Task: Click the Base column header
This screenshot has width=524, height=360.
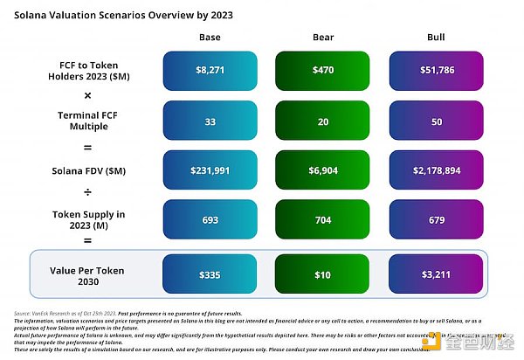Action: [210, 37]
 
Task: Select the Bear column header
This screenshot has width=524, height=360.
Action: [323, 37]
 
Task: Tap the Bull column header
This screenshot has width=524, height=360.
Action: [435, 37]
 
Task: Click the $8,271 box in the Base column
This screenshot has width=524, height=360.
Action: [210, 69]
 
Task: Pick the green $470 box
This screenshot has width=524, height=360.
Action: [323, 69]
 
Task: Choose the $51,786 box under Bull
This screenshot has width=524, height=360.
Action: [435, 69]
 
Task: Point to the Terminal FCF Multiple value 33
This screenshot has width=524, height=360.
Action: [210, 121]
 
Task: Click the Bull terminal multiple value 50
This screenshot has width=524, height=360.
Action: [435, 121]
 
